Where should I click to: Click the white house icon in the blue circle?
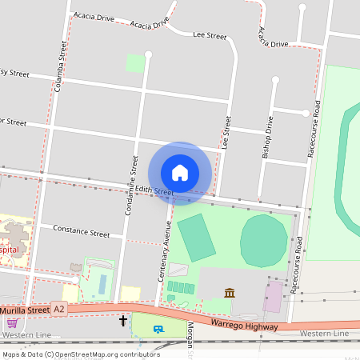point(180,173)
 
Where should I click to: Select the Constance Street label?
point(81,233)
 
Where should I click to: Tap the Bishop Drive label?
point(269,140)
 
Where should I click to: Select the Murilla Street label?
point(24,308)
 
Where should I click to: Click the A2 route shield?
point(58,308)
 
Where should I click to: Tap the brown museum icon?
point(230,293)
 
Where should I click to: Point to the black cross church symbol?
point(123,322)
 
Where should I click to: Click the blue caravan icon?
point(158,329)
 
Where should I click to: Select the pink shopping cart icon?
point(12,323)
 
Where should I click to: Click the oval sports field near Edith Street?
point(263,240)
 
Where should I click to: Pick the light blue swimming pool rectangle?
point(102,282)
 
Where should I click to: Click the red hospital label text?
point(10,250)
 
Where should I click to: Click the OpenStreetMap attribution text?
point(81,354)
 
